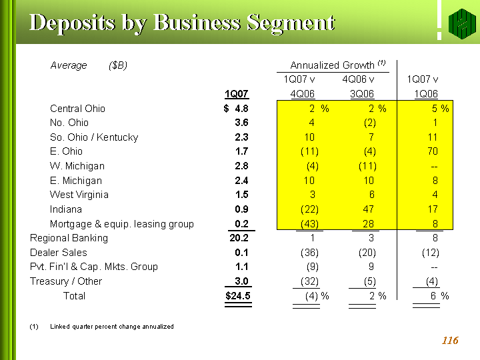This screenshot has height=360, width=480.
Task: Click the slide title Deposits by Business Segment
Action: (x=182, y=23)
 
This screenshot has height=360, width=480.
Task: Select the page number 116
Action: (x=450, y=341)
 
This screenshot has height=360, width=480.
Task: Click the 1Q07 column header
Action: (x=237, y=94)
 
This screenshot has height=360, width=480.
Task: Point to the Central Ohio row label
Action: (x=77, y=109)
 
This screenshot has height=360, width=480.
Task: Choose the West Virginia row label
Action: (x=79, y=195)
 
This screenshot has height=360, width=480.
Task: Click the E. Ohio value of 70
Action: (x=433, y=151)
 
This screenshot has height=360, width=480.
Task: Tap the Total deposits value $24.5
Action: (x=237, y=296)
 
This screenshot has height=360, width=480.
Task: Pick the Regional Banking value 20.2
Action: (x=238, y=238)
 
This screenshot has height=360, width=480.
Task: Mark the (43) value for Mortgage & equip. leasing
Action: (x=309, y=224)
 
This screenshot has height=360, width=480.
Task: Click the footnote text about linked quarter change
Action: (x=111, y=327)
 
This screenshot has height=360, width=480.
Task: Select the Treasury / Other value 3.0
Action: (x=241, y=281)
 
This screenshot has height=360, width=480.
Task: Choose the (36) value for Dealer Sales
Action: (x=309, y=253)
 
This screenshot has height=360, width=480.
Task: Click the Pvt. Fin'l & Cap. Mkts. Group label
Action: (x=94, y=267)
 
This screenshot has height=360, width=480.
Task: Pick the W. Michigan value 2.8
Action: (x=241, y=166)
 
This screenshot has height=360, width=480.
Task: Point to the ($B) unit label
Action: (x=118, y=65)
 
